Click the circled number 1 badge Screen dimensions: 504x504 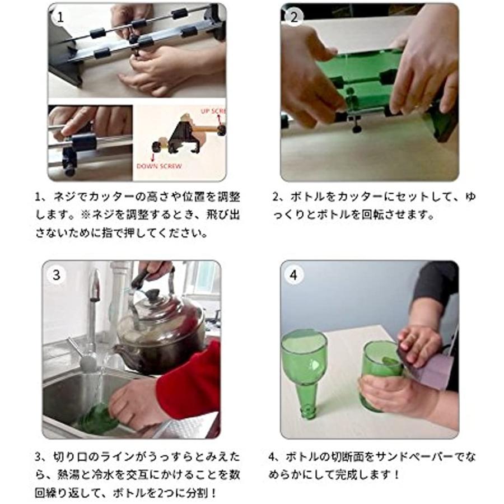(x=60, y=17)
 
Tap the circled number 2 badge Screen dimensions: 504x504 (x=294, y=17)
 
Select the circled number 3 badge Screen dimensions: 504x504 (x=57, y=275)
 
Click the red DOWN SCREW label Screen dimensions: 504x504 (x=159, y=166)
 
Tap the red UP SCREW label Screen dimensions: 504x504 (x=213, y=111)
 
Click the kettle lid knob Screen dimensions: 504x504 (x=152, y=294)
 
